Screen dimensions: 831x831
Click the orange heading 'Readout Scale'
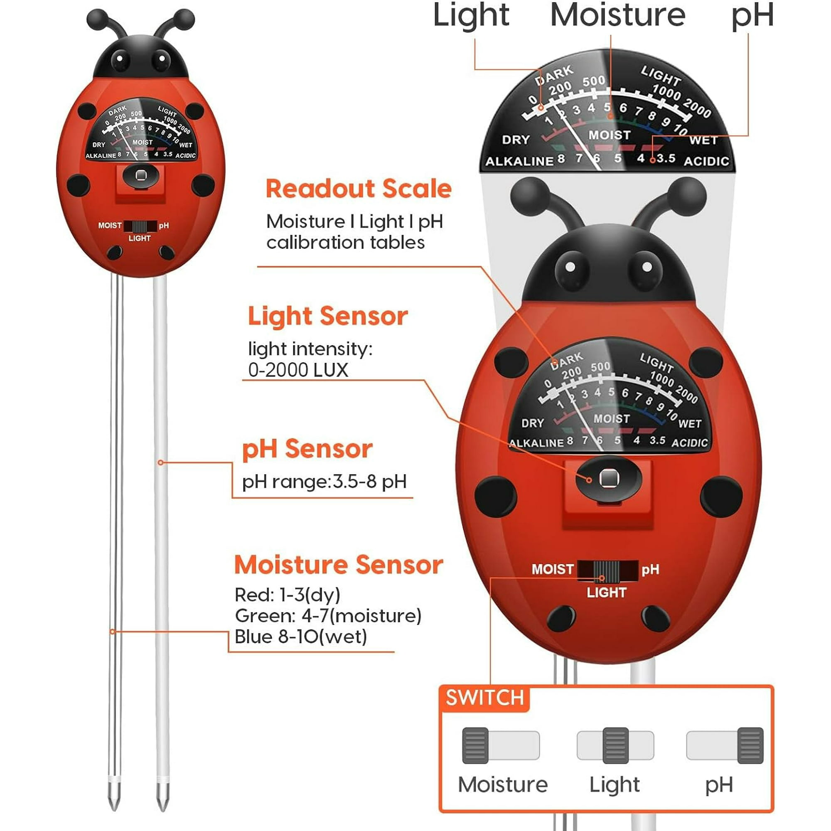pos(359,189)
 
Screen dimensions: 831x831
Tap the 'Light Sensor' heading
pos(328,316)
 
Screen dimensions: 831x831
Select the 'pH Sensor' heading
pos(307,449)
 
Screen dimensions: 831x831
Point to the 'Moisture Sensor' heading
pos(339,564)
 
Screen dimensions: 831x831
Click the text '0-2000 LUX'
pos(298,370)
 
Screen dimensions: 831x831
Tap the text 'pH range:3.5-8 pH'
pos(325,482)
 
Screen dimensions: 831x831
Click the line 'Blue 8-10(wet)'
pos(301,637)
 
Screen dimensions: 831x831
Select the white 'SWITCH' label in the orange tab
pos(485,697)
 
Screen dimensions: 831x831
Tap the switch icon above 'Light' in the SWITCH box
pos(615,745)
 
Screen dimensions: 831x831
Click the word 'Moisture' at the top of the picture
pos(618,15)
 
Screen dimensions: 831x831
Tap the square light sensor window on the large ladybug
pos(608,478)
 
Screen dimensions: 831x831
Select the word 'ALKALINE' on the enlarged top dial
pos(519,161)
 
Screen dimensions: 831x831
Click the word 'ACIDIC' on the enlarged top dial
pos(706,161)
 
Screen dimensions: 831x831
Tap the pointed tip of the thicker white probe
pos(162,810)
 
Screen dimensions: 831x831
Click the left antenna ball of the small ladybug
pos(97,19)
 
